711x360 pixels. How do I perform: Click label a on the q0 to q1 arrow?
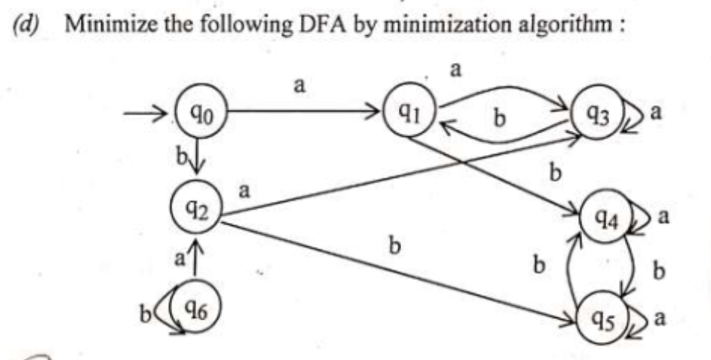(299, 86)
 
